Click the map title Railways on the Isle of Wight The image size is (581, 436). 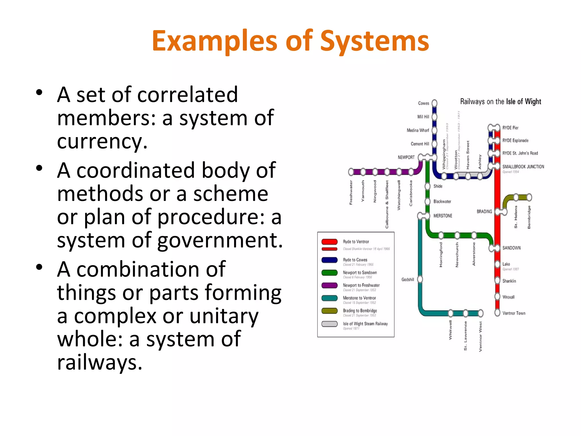(500, 102)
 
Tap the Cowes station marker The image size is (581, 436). (434, 103)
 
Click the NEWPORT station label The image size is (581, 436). (406, 158)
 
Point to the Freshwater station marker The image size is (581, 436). (351, 172)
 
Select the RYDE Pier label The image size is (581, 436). (510, 128)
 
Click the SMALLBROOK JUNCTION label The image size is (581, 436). (523, 167)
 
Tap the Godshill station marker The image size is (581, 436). (420, 280)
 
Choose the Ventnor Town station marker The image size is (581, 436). (497, 313)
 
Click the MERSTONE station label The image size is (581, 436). (443, 216)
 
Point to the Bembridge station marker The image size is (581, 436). (529, 197)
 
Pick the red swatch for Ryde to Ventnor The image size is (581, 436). (329, 242)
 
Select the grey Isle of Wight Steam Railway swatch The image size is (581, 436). (329, 324)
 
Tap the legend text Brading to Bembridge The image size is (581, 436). (360, 311)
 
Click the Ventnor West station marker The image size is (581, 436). (481, 313)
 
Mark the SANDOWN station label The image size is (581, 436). (511, 248)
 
